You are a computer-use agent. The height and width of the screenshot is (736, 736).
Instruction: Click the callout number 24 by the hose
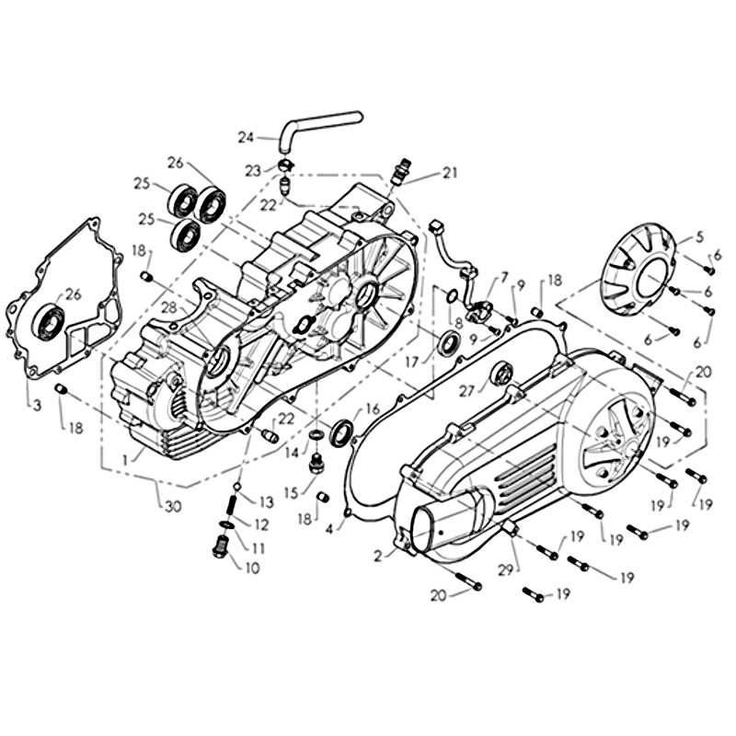tap(246, 137)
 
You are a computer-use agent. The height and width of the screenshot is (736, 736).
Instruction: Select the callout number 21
tap(450, 173)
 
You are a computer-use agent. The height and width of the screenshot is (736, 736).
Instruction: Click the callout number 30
tap(173, 507)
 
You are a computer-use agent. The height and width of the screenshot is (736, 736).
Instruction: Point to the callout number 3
tap(37, 405)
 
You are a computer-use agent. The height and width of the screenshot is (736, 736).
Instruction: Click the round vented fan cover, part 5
tap(641, 269)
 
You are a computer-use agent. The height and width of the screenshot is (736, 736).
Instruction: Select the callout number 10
tap(252, 569)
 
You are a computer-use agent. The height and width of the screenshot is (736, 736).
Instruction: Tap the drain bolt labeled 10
tap(220, 545)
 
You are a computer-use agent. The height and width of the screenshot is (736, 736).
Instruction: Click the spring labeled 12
tap(232, 508)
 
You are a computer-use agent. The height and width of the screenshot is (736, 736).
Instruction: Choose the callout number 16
tap(372, 409)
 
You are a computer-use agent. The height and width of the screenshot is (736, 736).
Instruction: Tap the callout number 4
tap(329, 529)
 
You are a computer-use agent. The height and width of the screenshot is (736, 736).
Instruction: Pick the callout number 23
tap(253, 171)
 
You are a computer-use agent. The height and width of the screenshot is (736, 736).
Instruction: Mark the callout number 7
tap(504, 277)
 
